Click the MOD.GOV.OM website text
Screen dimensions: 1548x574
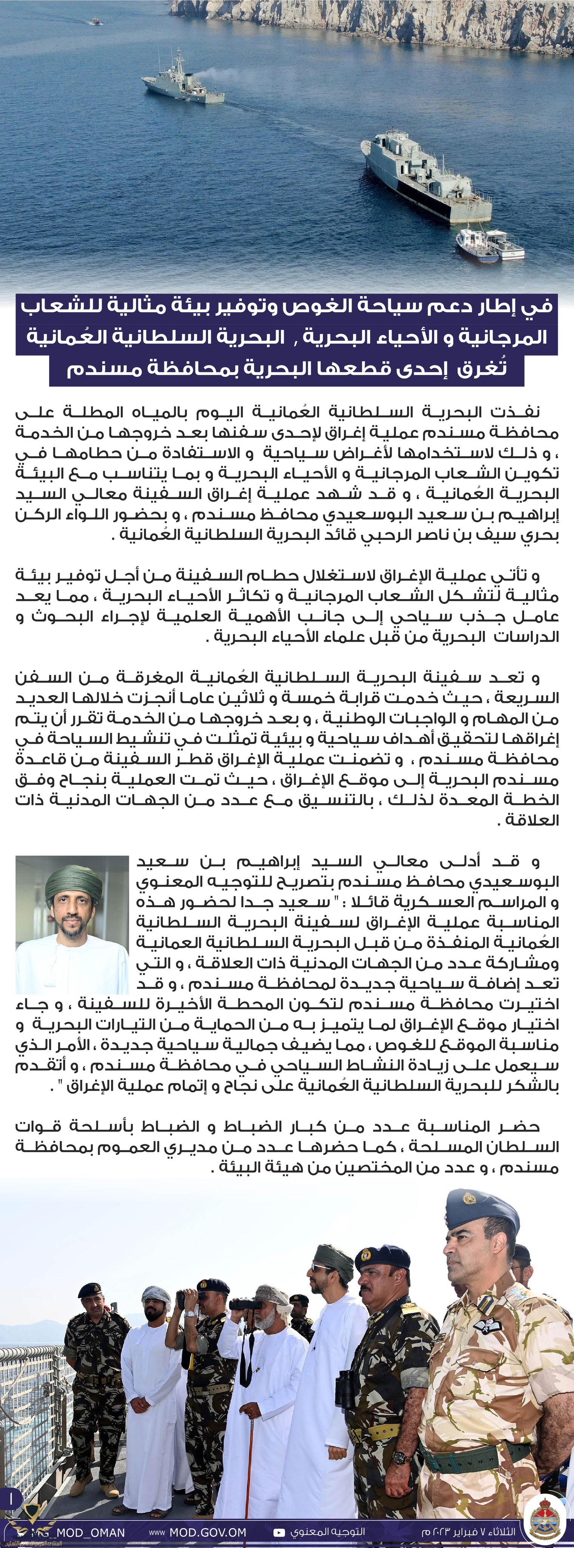click(x=207, y=1533)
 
